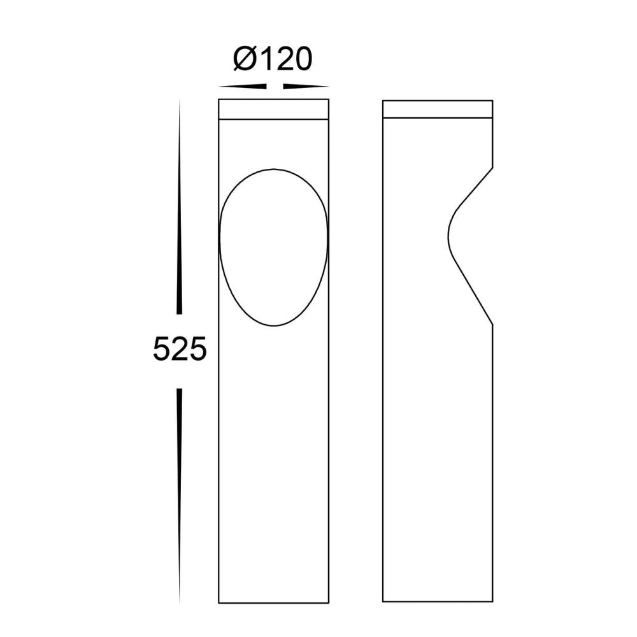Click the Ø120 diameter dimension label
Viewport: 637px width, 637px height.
point(273,59)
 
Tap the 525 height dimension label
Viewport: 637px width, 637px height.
point(180,350)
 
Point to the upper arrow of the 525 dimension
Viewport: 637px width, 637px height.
point(180,210)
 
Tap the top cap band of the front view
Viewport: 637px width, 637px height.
point(274,109)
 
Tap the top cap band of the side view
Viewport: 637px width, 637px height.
point(438,109)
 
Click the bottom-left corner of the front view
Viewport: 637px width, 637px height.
point(218,602)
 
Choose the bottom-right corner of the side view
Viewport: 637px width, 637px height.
point(492,602)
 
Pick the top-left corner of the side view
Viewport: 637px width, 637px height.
point(383,100)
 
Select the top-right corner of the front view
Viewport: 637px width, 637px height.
point(329,100)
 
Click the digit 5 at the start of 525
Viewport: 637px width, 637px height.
point(162,350)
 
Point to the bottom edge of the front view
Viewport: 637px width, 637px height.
point(274,602)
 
